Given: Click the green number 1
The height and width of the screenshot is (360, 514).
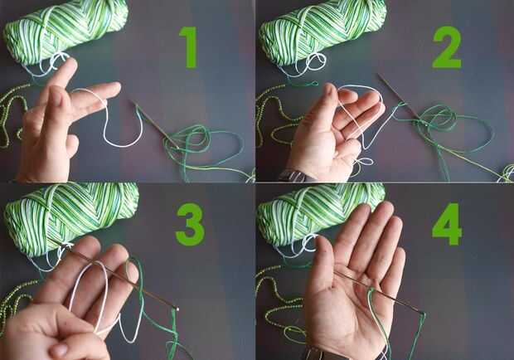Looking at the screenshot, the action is pyautogui.click(x=189, y=47).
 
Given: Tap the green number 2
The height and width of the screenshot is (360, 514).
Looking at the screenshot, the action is pyautogui.click(x=447, y=47).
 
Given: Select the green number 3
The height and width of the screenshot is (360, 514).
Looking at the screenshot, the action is pyautogui.click(x=190, y=225).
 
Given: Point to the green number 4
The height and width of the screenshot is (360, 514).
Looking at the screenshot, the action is pyautogui.click(x=447, y=225).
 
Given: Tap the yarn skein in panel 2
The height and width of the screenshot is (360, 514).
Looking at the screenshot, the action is pyautogui.click(x=322, y=32).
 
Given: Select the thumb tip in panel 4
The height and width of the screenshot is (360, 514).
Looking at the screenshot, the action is pyautogui.click(x=320, y=243).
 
